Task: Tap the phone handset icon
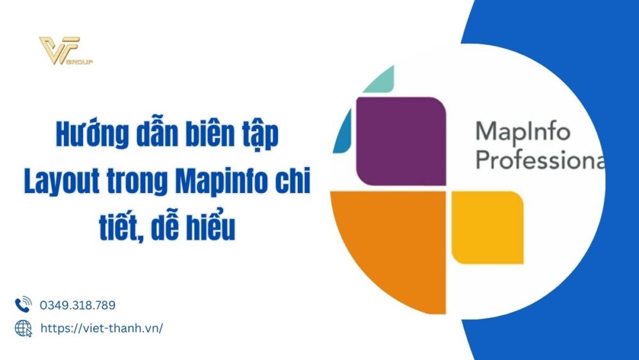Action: tap(23, 305)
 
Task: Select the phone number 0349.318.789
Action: tap(77, 306)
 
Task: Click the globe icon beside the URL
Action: tap(23, 328)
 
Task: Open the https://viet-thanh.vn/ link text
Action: tap(102, 328)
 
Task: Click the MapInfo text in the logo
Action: tap(522, 133)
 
